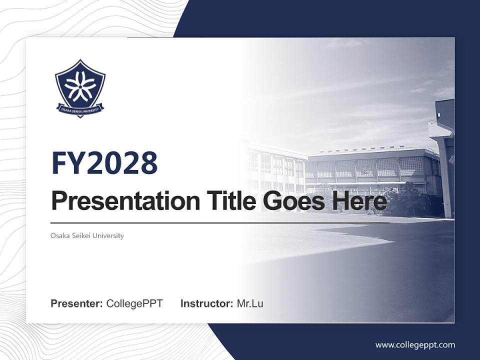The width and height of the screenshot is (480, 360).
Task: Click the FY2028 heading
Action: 104,163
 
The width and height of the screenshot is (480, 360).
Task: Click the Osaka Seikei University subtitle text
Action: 87,235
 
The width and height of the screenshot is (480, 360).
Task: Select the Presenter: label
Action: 76,303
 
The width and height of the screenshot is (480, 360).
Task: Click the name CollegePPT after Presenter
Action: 134,303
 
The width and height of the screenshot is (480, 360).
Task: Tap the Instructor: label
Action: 206,303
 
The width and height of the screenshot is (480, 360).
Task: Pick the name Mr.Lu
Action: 249,303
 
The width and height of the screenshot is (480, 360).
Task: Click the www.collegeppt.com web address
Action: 415,345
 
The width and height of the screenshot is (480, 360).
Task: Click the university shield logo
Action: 80,87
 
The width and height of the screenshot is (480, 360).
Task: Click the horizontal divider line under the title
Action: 220,223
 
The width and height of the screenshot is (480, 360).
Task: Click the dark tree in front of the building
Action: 407,200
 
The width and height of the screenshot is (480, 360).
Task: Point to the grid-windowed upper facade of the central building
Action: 370,167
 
